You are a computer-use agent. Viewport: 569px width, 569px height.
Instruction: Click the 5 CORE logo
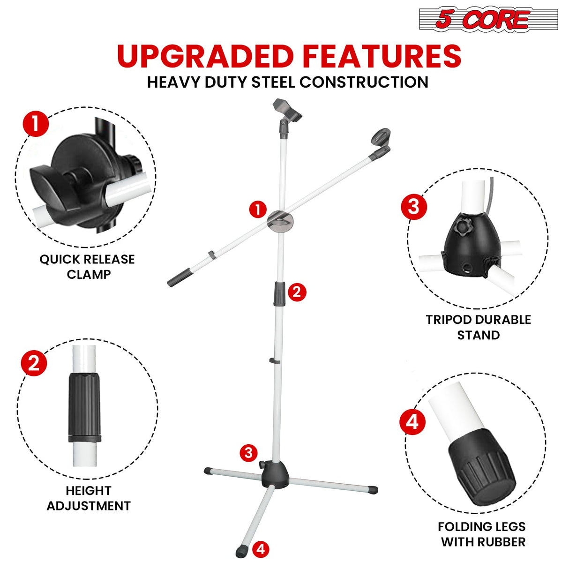(x=488, y=20)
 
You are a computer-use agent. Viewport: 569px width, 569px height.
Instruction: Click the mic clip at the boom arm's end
(x=381, y=141)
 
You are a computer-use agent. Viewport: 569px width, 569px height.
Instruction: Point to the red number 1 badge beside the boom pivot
(x=258, y=210)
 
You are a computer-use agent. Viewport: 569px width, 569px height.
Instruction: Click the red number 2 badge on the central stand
(x=297, y=292)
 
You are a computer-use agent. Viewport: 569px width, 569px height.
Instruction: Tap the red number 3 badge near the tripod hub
(x=248, y=453)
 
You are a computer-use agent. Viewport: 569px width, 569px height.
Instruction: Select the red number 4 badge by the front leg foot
(x=261, y=549)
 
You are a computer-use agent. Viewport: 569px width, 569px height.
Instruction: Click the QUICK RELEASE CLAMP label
(x=87, y=267)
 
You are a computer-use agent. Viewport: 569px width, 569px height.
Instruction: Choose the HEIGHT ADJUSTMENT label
(x=89, y=498)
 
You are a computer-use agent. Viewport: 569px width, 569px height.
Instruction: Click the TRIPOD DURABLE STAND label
(x=478, y=327)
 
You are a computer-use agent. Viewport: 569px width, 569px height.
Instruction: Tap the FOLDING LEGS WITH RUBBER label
(x=482, y=534)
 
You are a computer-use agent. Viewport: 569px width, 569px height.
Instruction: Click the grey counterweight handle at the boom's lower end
(x=180, y=277)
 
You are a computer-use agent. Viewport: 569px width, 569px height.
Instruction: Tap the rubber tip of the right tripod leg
(x=373, y=490)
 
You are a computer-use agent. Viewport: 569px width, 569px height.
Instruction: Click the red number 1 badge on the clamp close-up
(x=36, y=124)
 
